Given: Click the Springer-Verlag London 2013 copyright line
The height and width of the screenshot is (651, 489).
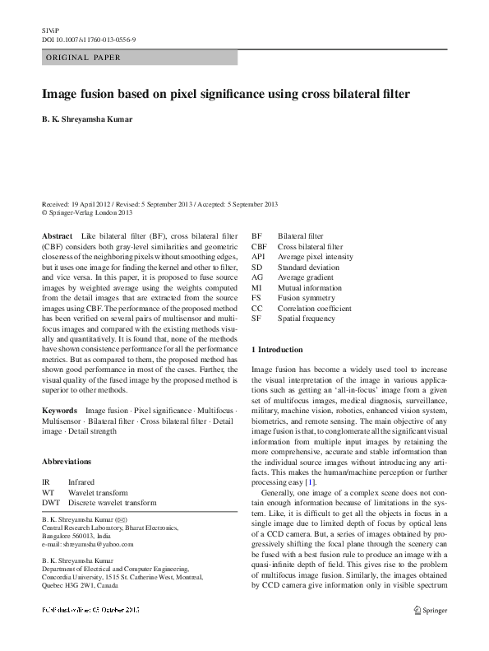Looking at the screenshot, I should tap(86, 212).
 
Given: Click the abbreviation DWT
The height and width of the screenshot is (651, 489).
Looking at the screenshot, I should tap(51, 501).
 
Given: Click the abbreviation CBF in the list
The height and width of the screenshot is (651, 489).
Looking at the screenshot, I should tap(259, 246).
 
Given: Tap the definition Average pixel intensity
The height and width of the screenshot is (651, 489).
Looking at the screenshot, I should tap(315, 257).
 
